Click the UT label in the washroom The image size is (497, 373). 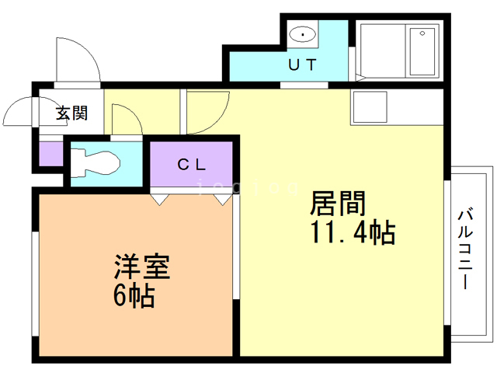(x=302, y=64)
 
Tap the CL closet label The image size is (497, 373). (x=192, y=164)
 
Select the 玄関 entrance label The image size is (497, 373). (x=71, y=113)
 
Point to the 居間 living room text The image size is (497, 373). (x=338, y=204)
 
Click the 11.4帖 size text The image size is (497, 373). (x=353, y=232)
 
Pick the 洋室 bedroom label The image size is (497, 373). (x=142, y=267)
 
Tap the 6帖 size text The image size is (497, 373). (x=134, y=295)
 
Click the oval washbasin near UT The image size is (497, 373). (x=303, y=34)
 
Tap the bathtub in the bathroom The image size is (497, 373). (x=422, y=51)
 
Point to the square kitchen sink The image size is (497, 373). (x=370, y=107)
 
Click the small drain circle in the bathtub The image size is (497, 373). (x=422, y=33)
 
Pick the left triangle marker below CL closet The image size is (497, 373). (x=159, y=200)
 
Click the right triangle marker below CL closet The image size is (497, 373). (x=223, y=200)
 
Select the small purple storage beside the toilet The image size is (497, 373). (x=51, y=154)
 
